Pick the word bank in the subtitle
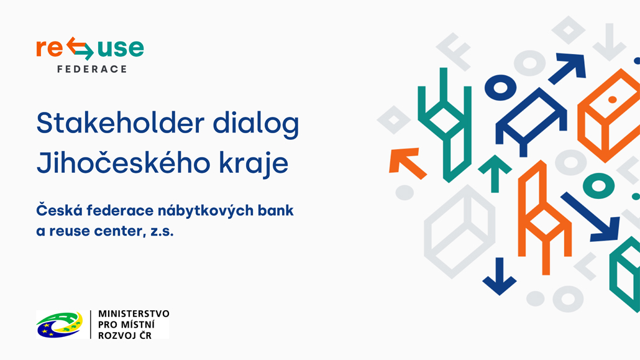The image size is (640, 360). click(277, 210)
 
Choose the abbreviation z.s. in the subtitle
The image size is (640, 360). click(163, 231)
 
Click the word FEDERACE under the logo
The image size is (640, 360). click(92, 69)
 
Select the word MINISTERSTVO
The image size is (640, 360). click(133, 314)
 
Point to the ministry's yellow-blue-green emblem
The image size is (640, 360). click(60, 325)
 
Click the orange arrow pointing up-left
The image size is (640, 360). click(405, 162)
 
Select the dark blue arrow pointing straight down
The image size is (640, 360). click(499, 277)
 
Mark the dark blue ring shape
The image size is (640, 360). click(500, 87)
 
